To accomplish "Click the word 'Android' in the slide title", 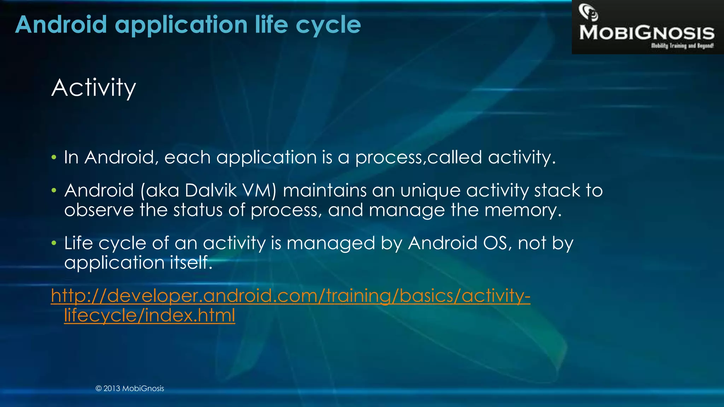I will coord(61,25).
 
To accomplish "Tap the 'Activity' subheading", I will coord(94,88).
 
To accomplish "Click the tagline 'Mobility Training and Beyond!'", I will coord(682,46).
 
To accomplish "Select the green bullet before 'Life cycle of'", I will coord(54,243).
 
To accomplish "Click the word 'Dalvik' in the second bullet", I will coord(211,190).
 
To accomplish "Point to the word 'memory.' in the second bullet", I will coord(523,211).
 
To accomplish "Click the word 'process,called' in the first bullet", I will coord(419,158).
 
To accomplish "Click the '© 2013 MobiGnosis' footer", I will coord(130,388).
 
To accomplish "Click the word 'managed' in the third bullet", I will coord(331,244).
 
